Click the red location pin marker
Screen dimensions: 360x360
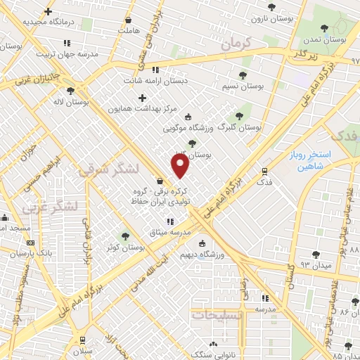(x=181, y=166)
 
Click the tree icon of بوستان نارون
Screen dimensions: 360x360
(x=271, y=7)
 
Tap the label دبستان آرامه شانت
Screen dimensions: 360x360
(x=184, y=81)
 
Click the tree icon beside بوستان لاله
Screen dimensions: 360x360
(x=70, y=90)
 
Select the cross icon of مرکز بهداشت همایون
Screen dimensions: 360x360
(x=143, y=98)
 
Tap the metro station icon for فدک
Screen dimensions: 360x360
(x=264, y=170)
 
